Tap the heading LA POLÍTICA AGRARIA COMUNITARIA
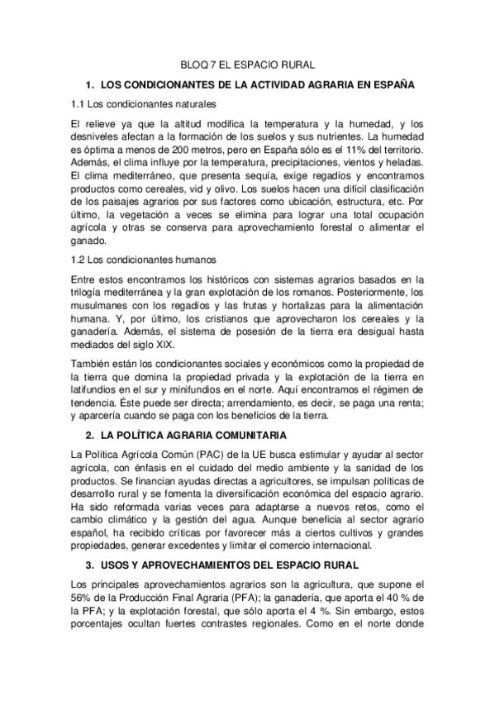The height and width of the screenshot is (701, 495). (193, 435)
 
